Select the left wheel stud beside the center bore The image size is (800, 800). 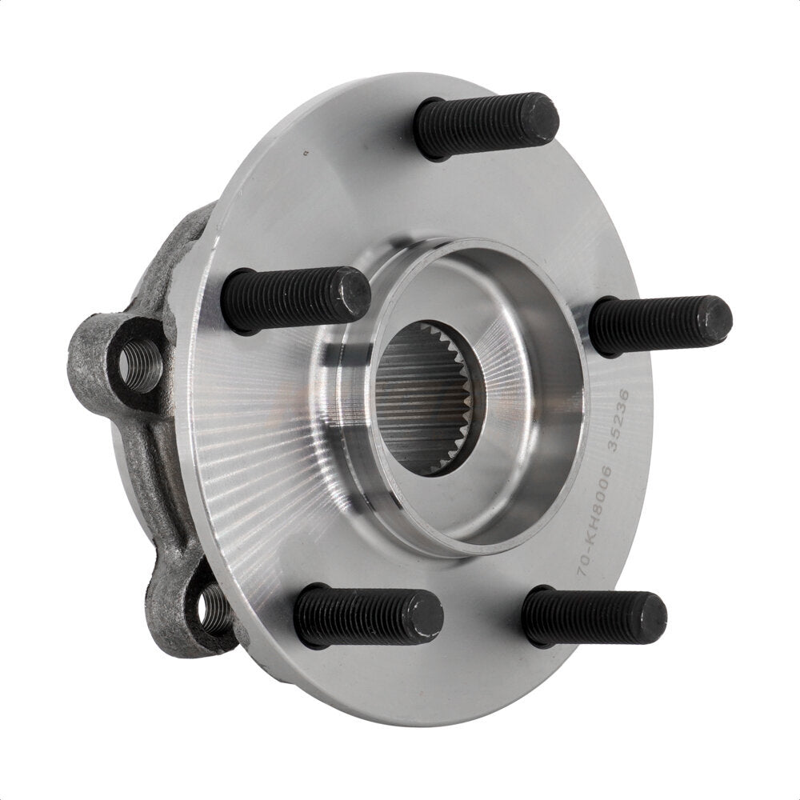294,299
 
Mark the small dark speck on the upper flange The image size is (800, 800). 304,151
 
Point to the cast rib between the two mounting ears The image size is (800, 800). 160,472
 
